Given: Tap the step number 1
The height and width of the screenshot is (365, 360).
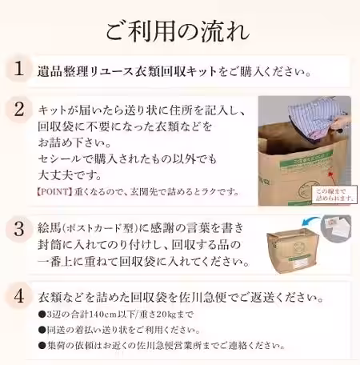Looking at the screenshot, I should click(18, 70).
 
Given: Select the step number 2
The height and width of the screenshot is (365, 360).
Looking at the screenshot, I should click(18, 110).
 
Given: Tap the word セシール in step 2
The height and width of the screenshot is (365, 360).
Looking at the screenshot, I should click(58, 160).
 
